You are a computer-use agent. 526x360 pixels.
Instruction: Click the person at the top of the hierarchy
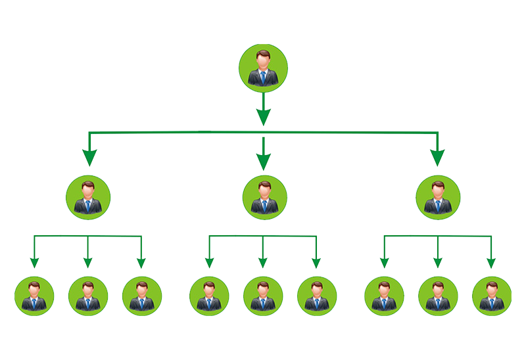[263, 66]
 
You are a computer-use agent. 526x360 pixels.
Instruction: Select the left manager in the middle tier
[88, 197]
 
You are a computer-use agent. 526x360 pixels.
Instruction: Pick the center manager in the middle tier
[264, 197]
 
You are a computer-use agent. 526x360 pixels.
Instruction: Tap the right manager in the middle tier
[439, 197]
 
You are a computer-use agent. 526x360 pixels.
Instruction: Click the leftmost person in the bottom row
[34, 296]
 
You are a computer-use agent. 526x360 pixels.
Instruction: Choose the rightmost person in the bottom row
[491, 296]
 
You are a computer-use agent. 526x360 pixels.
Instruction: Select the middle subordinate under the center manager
[262, 296]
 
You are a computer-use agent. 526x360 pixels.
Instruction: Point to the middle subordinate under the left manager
[88, 296]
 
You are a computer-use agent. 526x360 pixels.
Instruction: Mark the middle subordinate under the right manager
[437, 296]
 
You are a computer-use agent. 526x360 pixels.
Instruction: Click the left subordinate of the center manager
[209, 296]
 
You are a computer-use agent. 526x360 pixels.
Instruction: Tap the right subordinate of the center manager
[316, 296]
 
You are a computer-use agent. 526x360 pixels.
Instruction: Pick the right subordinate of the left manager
[142, 296]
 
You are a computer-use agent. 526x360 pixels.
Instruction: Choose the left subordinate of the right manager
[384, 296]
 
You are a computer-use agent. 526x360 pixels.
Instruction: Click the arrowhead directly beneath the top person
[263, 117]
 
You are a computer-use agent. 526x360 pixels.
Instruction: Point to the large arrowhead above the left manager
[89, 158]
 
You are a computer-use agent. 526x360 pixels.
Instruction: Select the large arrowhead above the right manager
[437, 158]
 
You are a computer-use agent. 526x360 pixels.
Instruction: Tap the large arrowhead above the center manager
[264, 162]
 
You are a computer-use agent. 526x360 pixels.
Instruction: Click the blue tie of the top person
[263, 78]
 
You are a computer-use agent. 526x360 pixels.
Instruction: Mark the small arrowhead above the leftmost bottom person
[34, 263]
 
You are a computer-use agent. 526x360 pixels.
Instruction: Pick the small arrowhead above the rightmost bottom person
[491, 263]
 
